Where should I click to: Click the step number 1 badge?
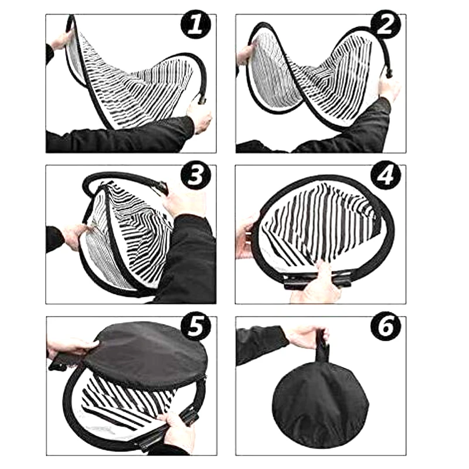point(196,25)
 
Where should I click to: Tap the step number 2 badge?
point(386,25)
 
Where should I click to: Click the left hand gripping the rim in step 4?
point(247,236)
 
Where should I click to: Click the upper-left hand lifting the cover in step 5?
point(72,348)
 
